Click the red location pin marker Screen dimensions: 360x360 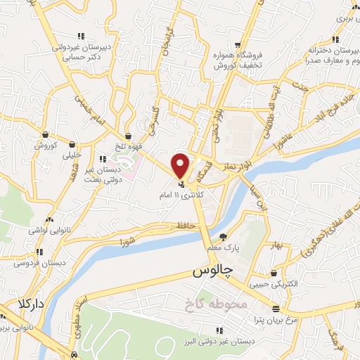pyautogui.click(x=180, y=165)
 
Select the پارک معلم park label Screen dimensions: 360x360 pyautogui.click(x=227, y=248)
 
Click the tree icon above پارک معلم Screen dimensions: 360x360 pyautogui.click(x=224, y=237)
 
